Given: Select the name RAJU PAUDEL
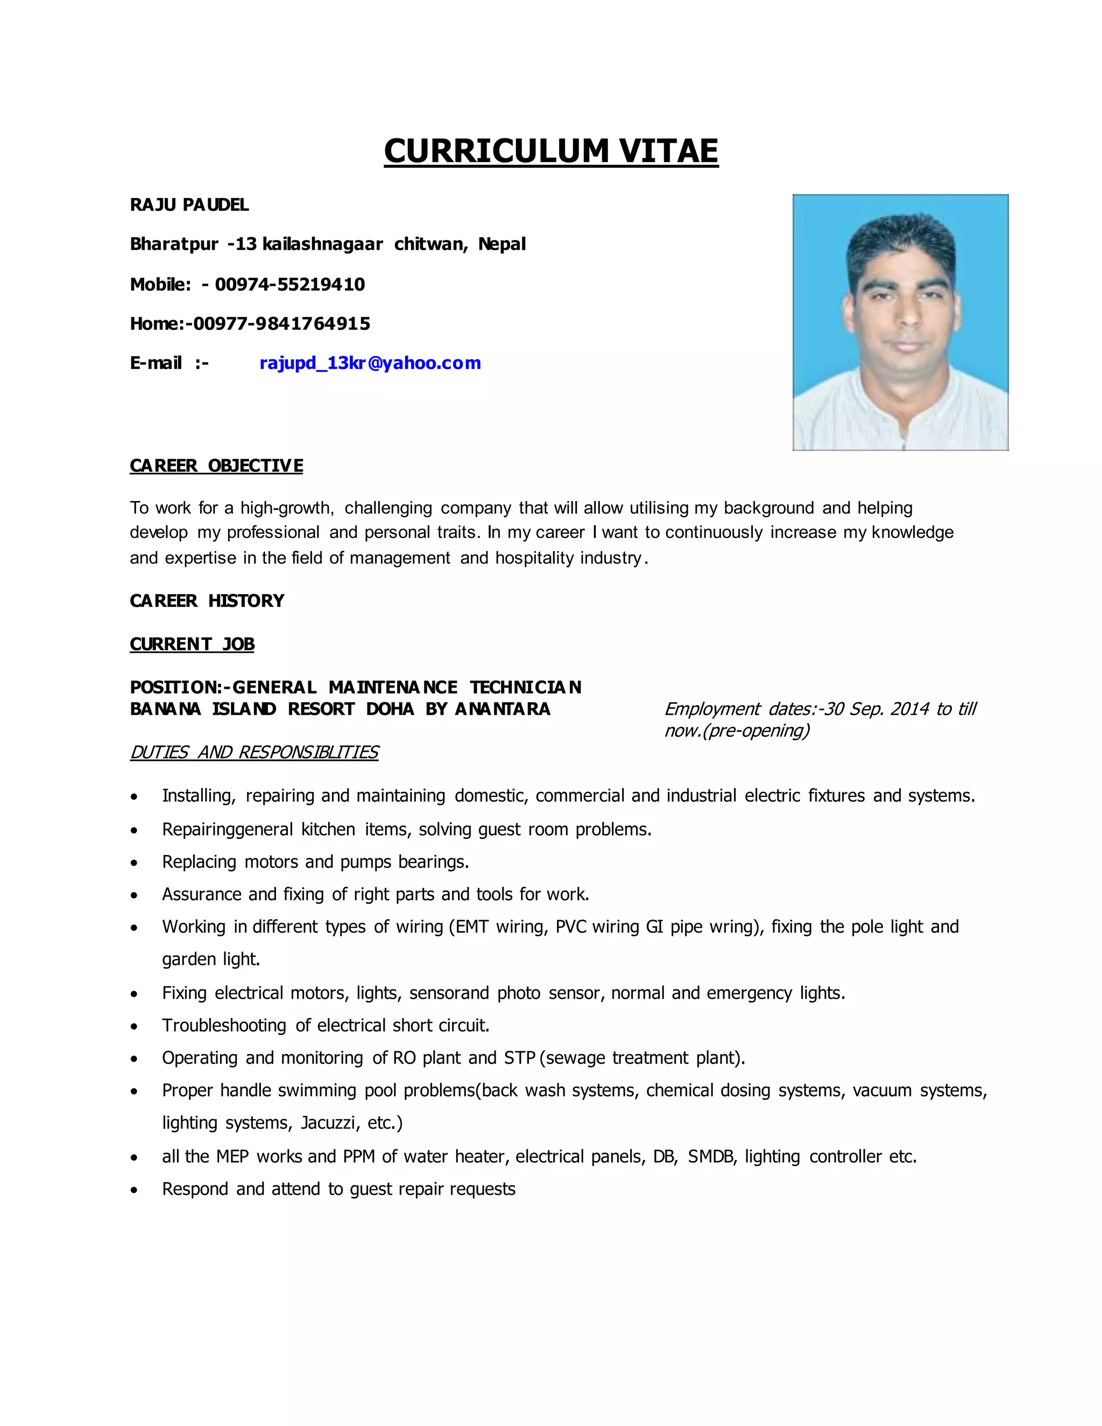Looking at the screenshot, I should [x=189, y=205].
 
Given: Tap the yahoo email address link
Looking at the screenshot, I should [x=370, y=363].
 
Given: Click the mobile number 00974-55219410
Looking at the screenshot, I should [x=290, y=285].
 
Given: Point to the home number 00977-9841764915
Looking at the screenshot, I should [x=281, y=324].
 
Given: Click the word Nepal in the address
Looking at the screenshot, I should [x=501, y=244].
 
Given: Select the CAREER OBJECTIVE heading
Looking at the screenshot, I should [x=216, y=465].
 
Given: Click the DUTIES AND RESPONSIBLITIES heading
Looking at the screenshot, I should [x=254, y=752].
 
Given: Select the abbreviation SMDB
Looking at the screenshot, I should [x=711, y=1156].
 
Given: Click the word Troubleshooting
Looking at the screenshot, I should [x=224, y=1025].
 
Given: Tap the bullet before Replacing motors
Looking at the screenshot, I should [x=134, y=863].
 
